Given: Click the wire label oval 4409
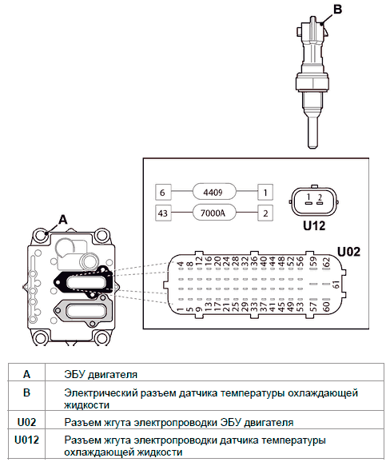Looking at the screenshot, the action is point(214,193).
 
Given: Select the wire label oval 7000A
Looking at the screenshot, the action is point(214,213).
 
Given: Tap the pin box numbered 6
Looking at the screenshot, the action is point(163,193).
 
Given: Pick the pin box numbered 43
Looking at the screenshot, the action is point(163,213).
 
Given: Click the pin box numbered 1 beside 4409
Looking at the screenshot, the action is point(265,193).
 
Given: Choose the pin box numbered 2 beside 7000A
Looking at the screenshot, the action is point(265,213).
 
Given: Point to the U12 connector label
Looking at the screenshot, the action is point(314,226).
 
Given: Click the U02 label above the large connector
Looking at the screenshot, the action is point(348,252).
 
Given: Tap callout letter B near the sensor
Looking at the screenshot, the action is point(337,10).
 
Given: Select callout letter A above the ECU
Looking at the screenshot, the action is point(63,220).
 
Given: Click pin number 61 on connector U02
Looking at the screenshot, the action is point(336,285).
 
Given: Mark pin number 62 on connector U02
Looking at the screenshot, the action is point(326,263).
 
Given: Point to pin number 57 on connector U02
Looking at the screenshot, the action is point(313,306).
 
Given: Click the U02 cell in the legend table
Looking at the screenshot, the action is point(26,422).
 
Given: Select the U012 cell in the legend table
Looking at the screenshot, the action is point(26,440).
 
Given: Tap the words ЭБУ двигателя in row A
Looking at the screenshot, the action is point(101,374).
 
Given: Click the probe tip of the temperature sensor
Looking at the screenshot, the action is point(312,145).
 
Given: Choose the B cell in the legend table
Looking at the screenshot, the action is point(26,392).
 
